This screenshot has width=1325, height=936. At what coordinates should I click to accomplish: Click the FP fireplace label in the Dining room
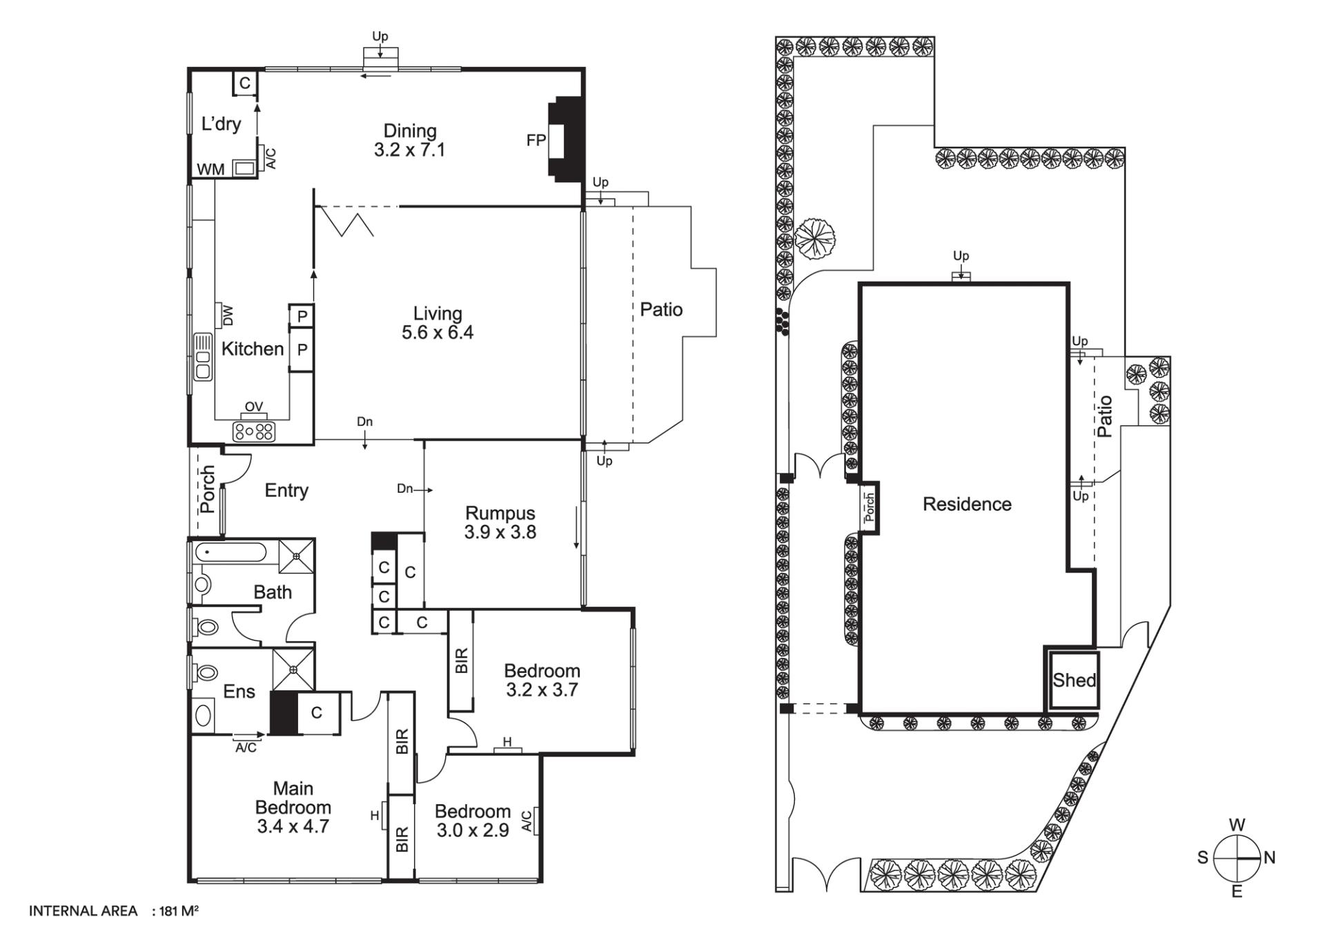point(536,140)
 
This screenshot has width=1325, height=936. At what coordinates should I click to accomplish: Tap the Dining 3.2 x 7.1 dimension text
point(410,150)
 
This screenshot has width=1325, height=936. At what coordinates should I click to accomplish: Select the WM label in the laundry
point(210,169)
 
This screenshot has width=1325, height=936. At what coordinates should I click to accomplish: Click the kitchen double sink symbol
point(203,356)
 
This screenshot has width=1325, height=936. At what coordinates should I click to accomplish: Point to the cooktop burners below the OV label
point(254,431)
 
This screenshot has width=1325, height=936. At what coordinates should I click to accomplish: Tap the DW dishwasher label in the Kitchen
point(228,315)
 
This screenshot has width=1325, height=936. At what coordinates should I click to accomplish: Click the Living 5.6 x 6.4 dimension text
point(438,333)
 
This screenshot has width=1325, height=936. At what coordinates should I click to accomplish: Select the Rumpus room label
point(500,513)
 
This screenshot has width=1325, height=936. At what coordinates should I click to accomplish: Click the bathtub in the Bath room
point(230,553)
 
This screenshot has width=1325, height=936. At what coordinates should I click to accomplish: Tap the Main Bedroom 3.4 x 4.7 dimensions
point(293,826)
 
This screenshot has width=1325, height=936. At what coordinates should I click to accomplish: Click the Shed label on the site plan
point(1074,681)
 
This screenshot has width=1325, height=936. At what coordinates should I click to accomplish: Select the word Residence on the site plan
point(967,505)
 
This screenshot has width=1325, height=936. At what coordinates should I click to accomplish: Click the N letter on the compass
point(1269,858)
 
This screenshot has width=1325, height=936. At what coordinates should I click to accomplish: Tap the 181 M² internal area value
point(179,911)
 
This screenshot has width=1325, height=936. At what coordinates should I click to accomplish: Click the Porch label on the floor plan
point(207,489)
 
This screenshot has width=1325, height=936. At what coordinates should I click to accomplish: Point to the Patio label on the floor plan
point(661,310)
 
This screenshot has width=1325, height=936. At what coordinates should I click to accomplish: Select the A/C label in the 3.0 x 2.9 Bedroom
point(527,821)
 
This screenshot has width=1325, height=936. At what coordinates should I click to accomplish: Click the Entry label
point(286,491)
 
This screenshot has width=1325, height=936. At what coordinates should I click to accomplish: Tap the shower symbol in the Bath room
point(296,556)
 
